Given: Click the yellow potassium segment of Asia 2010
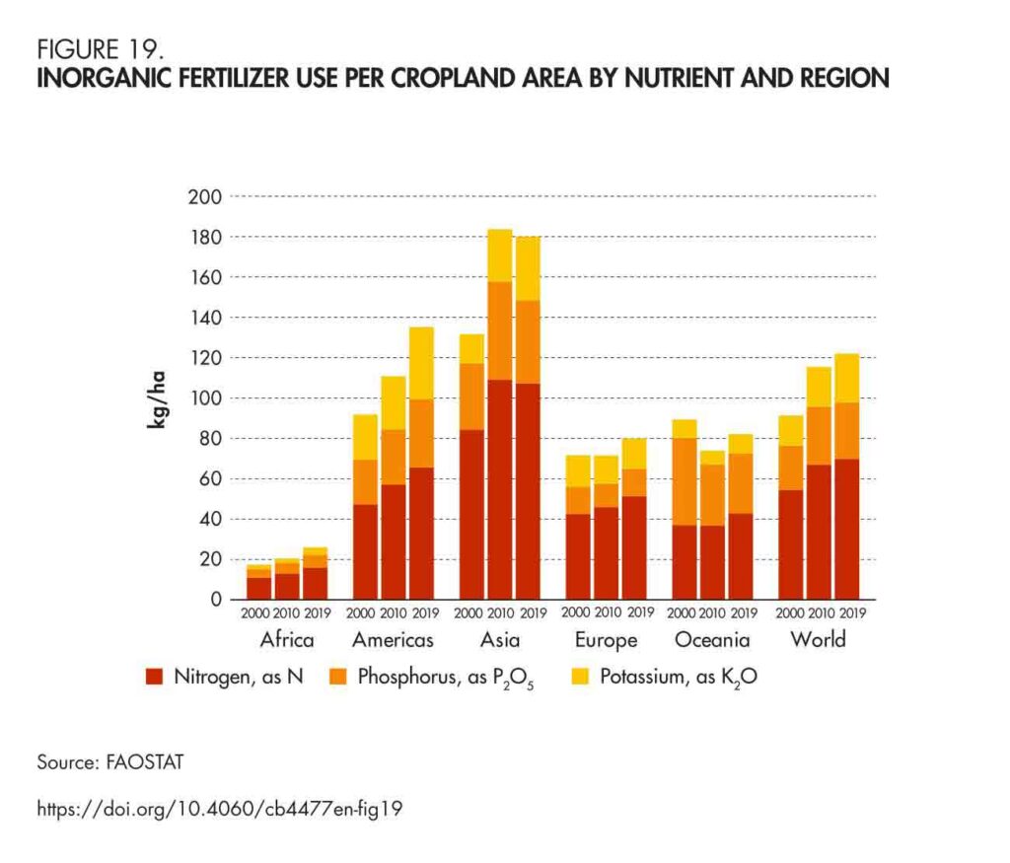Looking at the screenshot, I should pos(500,255).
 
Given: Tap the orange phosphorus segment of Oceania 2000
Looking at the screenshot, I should pos(685,481).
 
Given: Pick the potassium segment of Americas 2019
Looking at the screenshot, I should pos(421,363).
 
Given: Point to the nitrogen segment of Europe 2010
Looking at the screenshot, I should pos(606,553).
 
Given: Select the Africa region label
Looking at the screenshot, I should pos(287,640).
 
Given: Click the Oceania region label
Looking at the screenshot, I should pos(712,640).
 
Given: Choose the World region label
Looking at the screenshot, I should pos(819,639).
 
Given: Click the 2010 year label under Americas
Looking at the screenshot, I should pos(394,612).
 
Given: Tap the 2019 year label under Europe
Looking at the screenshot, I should pos(639,612).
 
